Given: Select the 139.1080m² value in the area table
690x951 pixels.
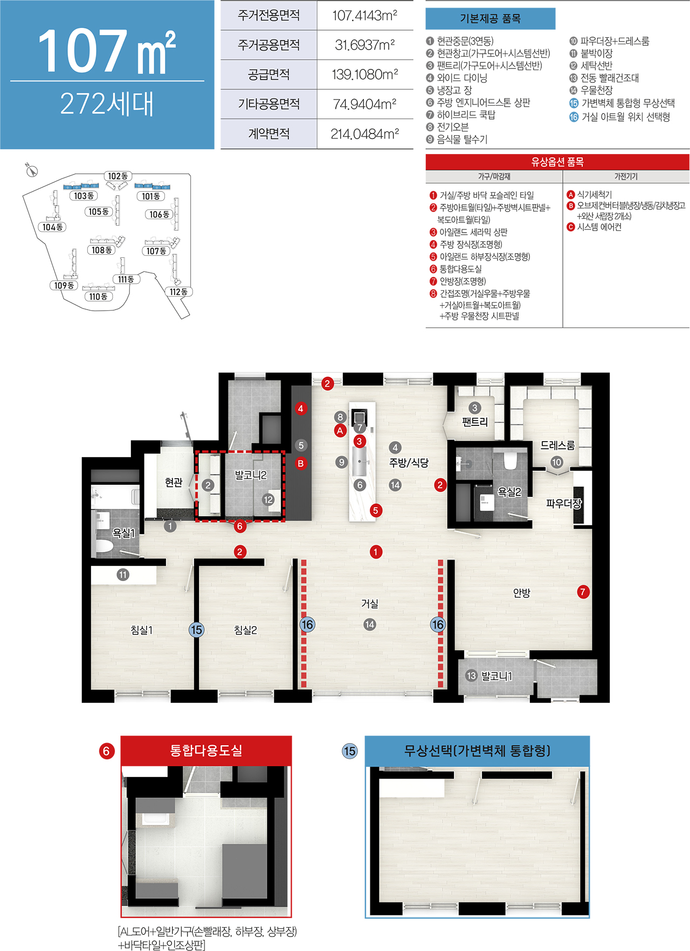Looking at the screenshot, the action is click(x=365, y=74).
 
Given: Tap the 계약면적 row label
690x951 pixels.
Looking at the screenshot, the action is click(x=268, y=134).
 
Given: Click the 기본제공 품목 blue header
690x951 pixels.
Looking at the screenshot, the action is click(x=490, y=19).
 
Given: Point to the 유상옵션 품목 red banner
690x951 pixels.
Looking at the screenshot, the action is click(x=557, y=162).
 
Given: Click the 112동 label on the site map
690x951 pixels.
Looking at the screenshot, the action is click(x=178, y=292).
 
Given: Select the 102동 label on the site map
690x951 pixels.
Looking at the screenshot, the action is click(x=118, y=176).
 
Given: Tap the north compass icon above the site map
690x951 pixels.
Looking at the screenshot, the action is click(x=32, y=170).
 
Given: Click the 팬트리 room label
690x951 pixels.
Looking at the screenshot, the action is click(x=474, y=422).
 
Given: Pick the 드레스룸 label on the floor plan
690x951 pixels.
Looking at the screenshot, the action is click(x=557, y=445).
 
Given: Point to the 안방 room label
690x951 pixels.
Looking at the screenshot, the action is click(x=521, y=593).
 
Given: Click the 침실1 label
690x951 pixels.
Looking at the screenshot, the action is click(x=142, y=630).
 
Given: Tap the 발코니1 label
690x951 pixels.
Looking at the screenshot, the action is click(x=496, y=676).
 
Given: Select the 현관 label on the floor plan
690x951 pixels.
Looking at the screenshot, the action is click(x=174, y=483).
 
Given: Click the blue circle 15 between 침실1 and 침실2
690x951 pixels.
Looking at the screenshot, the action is click(x=196, y=630).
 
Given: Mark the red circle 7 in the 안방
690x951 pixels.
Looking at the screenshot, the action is click(x=582, y=592).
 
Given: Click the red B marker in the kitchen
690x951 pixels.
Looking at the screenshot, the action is click(x=300, y=463).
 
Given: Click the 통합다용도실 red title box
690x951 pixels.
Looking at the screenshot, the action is click(x=206, y=751).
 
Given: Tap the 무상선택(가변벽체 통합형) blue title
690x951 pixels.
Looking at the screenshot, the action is click(x=477, y=751).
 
